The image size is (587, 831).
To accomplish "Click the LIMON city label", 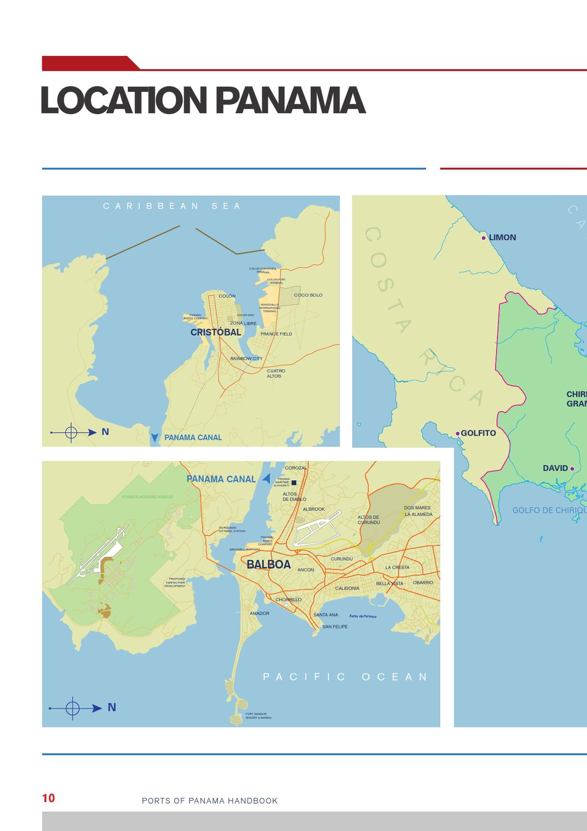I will (x=502, y=238).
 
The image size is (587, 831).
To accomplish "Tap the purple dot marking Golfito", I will (x=457, y=433).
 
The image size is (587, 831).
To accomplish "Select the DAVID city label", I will (x=555, y=468).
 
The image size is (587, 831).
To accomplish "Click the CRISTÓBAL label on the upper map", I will (x=215, y=332).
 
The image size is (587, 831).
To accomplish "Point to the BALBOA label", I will (x=269, y=565).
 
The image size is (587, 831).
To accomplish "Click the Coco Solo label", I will (x=308, y=295).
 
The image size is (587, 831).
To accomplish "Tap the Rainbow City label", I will (x=246, y=359).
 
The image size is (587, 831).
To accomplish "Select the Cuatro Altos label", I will (x=275, y=373).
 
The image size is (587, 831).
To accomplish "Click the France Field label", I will (x=276, y=334).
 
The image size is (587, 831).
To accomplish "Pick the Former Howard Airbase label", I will (x=147, y=497).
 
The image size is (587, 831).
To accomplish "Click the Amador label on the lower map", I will (x=259, y=613).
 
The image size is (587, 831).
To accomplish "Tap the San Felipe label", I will (x=335, y=627).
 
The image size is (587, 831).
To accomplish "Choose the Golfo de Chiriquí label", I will (x=549, y=510).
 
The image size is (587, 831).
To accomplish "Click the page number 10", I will (x=49, y=798).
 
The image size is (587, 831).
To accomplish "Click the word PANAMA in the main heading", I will (x=290, y=101).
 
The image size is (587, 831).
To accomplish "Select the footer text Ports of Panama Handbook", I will (x=210, y=801).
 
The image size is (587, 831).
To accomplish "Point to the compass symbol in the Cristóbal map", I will (x=71, y=432).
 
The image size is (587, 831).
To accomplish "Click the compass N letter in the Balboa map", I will (x=112, y=707).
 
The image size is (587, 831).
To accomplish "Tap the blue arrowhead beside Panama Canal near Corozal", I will (x=266, y=479).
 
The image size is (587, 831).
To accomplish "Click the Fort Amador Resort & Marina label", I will (x=258, y=716).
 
